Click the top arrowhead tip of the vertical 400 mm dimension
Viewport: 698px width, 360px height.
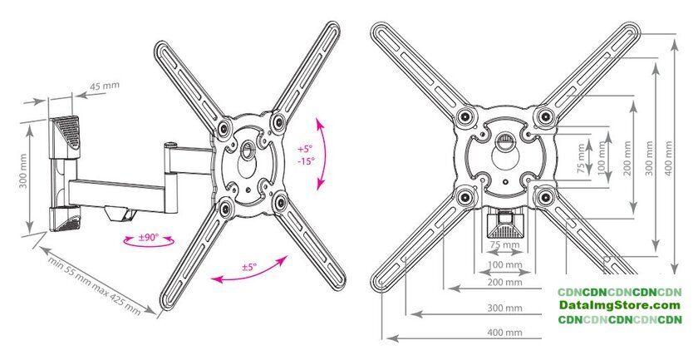pyautogui.click(x=676, y=39)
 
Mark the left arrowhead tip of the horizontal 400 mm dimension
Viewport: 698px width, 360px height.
pyautogui.click(x=387, y=338)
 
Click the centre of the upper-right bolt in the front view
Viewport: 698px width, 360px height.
pyautogui.click(x=545, y=116)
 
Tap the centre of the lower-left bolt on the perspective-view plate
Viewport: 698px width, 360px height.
pyautogui.click(x=225, y=208)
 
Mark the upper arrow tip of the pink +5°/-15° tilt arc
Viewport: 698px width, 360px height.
pyautogui.click(x=317, y=119)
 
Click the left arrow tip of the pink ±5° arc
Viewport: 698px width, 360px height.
pyautogui.click(x=211, y=280)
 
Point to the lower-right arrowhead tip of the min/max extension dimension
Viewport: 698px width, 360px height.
pyautogui.click(x=156, y=314)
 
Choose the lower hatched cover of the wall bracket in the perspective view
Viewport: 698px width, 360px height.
pyautogui.click(x=66, y=219)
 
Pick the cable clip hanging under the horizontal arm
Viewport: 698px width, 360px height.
pyautogui.click(x=121, y=213)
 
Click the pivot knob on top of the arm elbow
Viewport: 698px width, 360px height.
pyautogui.click(x=170, y=145)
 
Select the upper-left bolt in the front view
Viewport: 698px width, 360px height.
pyautogui.click(x=465, y=116)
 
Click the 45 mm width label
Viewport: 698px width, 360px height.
pyautogui.click(x=105, y=86)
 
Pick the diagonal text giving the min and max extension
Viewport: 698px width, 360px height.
pyautogui.click(x=95, y=286)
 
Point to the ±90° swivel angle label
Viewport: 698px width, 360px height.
pyautogui.click(x=148, y=238)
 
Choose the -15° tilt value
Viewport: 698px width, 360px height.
pyautogui.click(x=307, y=160)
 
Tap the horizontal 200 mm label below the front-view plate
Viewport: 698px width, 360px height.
pyautogui.click(x=505, y=282)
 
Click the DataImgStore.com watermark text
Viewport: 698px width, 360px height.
pyautogui.click(x=620, y=306)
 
